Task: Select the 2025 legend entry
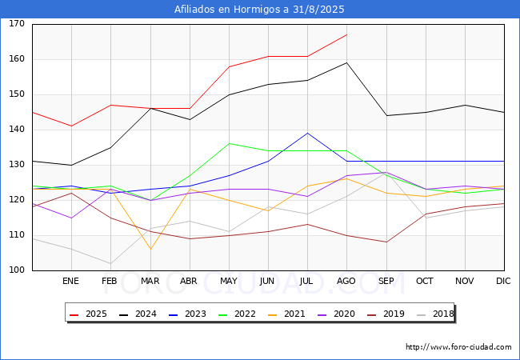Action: [x=88, y=314]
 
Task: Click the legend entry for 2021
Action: [x=286, y=314]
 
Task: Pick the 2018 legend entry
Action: [x=435, y=314]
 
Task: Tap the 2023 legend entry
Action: [x=187, y=314]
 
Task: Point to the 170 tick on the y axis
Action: [x=17, y=23]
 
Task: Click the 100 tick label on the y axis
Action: [x=17, y=270]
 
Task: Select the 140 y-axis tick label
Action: [x=17, y=130]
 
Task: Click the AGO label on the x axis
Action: [x=346, y=281]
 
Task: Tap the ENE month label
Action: [x=70, y=281]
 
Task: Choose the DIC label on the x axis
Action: [x=503, y=281]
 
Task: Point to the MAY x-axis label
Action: [x=229, y=281]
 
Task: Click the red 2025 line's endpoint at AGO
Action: [x=347, y=34]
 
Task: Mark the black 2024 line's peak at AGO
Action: [x=347, y=62]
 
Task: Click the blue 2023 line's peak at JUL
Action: [x=308, y=134]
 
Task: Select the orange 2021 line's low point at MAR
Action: [x=151, y=249]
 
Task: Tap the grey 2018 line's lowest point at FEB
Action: [x=110, y=263]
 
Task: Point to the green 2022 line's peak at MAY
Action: [x=229, y=143]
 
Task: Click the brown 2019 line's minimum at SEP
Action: [x=386, y=242]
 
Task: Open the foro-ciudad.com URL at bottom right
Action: [x=458, y=347]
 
